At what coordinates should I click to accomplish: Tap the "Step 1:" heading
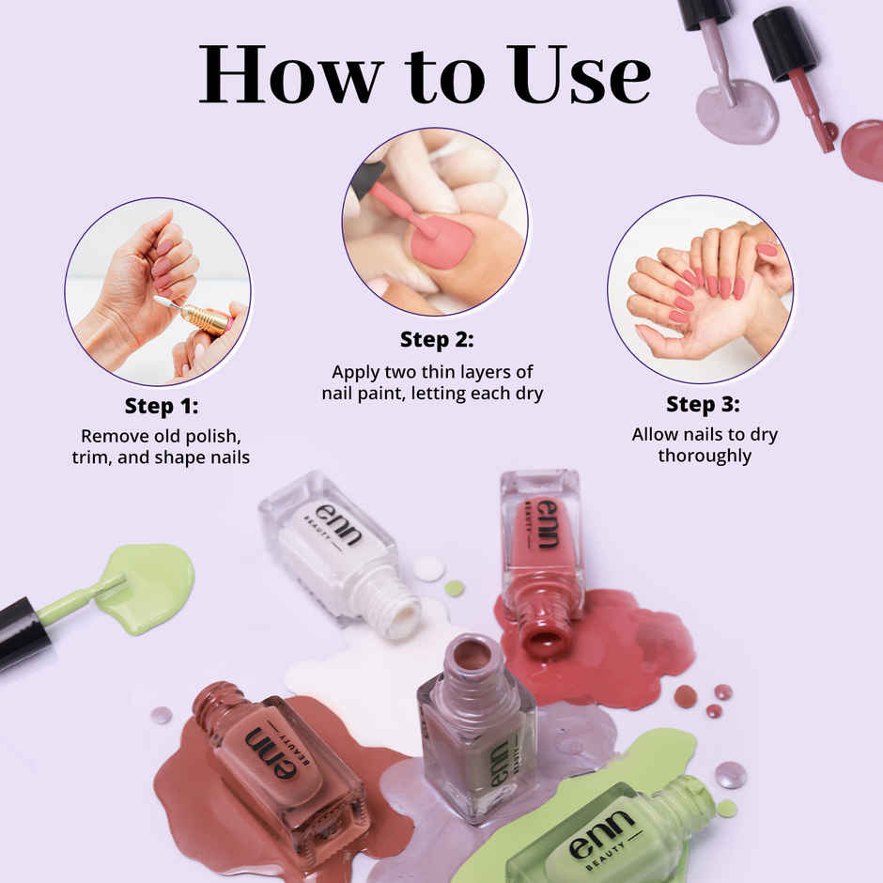[162, 406]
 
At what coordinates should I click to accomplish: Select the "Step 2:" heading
[437, 339]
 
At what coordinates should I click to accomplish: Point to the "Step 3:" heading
[703, 404]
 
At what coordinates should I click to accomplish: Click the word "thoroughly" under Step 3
[705, 456]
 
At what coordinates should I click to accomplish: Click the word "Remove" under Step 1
[111, 436]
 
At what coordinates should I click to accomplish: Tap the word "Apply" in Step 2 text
[356, 371]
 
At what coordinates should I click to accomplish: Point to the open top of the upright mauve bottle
[472, 654]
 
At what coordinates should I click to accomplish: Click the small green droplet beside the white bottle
[455, 588]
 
